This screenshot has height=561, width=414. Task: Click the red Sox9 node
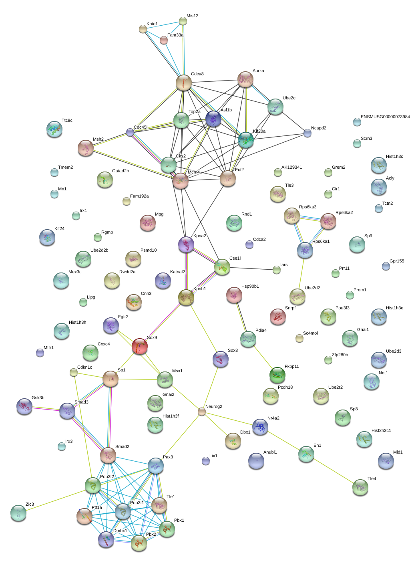click(x=139, y=346)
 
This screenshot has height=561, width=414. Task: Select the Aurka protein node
click(x=245, y=79)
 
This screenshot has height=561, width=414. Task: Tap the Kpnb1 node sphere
click(x=186, y=297)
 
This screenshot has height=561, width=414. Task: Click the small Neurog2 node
click(x=201, y=412)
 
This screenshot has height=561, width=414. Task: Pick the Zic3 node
click(x=18, y=513)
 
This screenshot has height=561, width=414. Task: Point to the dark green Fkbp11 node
click(x=277, y=375)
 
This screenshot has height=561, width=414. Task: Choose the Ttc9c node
click(x=54, y=129)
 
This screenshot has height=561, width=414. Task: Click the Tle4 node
click(x=360, y=487)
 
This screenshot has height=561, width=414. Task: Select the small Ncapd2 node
click(x=307, y=133)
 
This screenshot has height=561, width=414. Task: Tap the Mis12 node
click(x=183, y=21)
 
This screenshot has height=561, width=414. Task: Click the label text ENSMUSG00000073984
click(x=385, y=117)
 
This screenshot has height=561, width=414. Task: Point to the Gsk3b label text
click(x=38, y=398)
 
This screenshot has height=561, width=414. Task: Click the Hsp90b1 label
click(x=250, y=287)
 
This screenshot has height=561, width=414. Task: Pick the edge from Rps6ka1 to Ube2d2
click(x=301, y=273)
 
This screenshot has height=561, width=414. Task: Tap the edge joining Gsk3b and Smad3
click(x=46, y=408)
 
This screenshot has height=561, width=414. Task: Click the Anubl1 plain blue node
click(x=256, y=461)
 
